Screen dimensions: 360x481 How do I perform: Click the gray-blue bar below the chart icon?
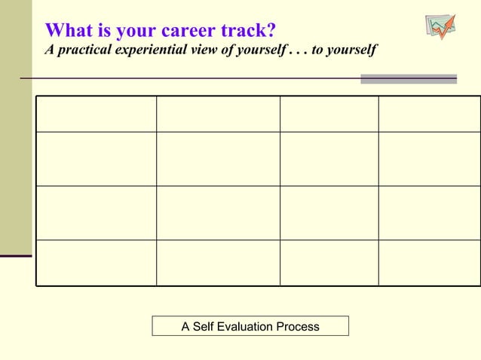coord(409,78)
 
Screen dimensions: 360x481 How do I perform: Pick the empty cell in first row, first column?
coord(96,114)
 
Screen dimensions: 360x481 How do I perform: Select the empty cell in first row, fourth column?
coord(429,114)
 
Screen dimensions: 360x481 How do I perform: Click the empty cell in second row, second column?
coord(218,159)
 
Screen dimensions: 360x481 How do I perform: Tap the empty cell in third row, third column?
coord(329,213)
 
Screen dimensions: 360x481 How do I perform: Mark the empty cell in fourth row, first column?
coord(96,263)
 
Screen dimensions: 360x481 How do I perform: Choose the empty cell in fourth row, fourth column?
coord(429,263)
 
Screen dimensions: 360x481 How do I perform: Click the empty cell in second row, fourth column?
coord(429,159)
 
